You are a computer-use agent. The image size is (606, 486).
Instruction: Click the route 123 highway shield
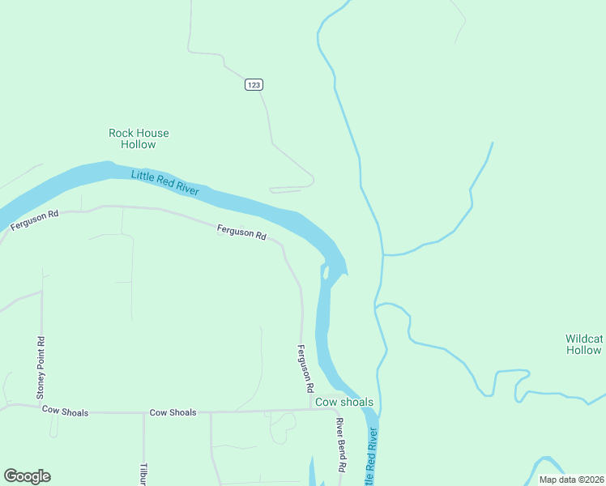click(x=254, y=85)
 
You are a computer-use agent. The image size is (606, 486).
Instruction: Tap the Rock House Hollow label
click(x=139, y=139)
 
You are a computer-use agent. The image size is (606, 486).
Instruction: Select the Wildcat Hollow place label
click(x=584, y=344)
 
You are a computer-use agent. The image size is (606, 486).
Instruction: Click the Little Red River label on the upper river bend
click(x=165, y=180)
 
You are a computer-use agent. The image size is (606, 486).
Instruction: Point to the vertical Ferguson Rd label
click(x=305, y=369)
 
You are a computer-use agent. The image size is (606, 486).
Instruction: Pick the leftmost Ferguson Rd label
click(x=35, y=220)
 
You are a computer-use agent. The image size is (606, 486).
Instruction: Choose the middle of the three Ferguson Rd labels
click(x=241, y=232)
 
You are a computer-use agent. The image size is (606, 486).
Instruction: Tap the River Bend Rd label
click(x=341, y=445)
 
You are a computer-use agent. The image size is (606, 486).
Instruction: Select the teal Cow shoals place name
click(x=344, y=402)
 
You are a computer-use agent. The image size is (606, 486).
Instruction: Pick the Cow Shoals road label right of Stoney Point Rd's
click(x=173, y=412)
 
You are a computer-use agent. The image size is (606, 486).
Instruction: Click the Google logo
click(x=27, y=476)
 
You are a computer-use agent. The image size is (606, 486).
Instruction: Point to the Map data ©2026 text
click(x=571, y=480)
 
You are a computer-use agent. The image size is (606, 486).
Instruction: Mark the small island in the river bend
click(x=325, y=271)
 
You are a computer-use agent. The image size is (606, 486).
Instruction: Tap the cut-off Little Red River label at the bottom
click(x=372, y=458)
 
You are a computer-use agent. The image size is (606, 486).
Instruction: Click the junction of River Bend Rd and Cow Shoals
click(x=335, y=409)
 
